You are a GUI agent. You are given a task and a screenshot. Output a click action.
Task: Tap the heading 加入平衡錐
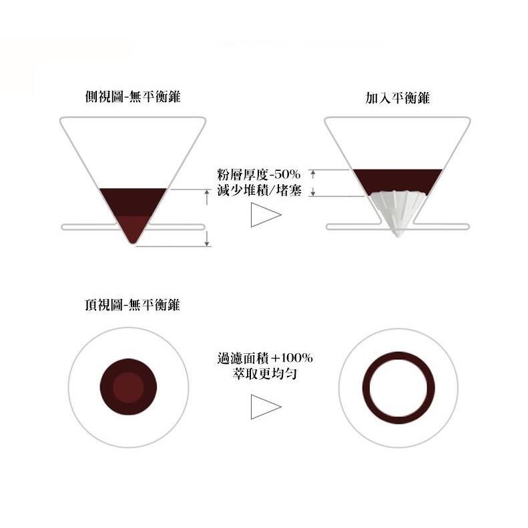point(397,98)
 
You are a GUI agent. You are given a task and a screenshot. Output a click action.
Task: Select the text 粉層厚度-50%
point(259,175)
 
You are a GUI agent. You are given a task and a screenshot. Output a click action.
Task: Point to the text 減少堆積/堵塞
point(259,191)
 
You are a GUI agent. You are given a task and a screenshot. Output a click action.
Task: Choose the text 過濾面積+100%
point(265,358)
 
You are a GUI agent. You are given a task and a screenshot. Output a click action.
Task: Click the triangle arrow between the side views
point(264,215)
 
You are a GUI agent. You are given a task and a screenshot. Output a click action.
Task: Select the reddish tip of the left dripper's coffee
point(134,228)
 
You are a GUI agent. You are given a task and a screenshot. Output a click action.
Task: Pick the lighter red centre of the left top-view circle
point(128,387)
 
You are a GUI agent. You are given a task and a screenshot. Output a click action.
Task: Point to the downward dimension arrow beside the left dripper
point(208,239)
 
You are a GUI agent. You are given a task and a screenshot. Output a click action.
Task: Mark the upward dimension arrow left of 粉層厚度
point(313,175)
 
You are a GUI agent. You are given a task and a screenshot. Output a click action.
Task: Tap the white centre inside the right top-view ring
point(399,387)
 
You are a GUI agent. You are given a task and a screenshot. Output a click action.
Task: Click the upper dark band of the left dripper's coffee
point(133,201)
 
